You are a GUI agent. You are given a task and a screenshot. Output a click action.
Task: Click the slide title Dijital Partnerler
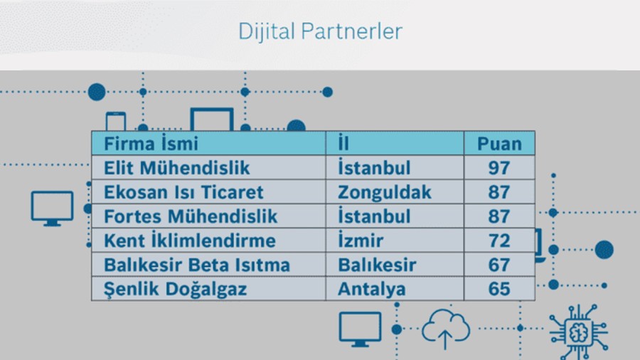(321, 32)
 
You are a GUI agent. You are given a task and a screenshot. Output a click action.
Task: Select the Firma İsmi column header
(208, 143)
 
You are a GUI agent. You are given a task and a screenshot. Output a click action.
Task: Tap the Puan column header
(499, 143)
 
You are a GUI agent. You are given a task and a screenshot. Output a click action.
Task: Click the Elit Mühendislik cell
(208, 167)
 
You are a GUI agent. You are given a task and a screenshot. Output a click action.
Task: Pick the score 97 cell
(499, 167)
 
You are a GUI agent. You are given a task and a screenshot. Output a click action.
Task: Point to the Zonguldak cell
(395, 192)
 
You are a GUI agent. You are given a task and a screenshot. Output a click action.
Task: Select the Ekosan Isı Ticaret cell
(208, 192)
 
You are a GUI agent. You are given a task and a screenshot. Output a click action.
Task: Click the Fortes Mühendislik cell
(208, 216)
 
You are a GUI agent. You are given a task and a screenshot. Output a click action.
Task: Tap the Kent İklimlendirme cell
(208, 240)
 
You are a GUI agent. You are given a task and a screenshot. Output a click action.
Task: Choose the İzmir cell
(395, 240)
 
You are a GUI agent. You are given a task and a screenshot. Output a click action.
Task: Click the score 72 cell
(499, 240)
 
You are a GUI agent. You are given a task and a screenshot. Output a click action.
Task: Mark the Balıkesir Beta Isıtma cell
(208, 265)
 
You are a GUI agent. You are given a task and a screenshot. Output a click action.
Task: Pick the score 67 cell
(499, 265)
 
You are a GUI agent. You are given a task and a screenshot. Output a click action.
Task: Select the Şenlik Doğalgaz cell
(208, 289)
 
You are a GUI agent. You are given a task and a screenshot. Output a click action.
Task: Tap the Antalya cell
(395, 289)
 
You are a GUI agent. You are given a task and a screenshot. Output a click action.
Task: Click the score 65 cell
(499, 289)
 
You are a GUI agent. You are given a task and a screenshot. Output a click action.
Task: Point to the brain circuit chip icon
(578, 332)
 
